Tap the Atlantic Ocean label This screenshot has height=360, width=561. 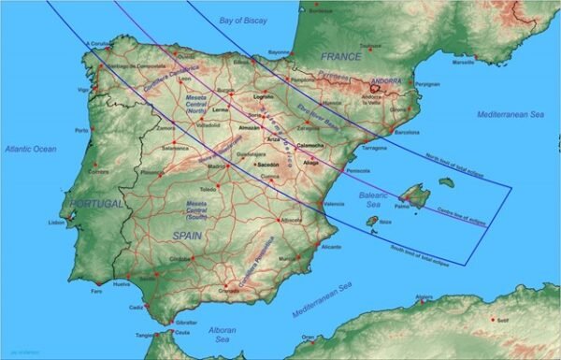click(29, 149)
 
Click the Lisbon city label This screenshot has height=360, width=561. click(57, 223)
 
